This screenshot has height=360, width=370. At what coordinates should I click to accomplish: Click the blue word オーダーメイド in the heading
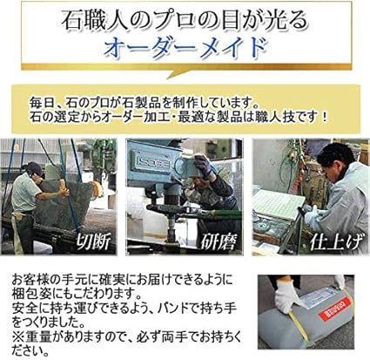185,47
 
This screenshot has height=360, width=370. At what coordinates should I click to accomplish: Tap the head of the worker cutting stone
34,168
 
